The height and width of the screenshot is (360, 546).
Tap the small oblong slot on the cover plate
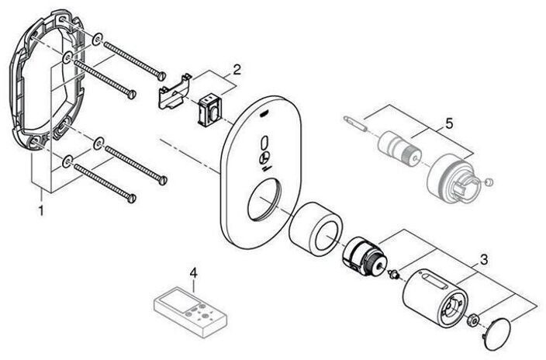click(266, 144)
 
